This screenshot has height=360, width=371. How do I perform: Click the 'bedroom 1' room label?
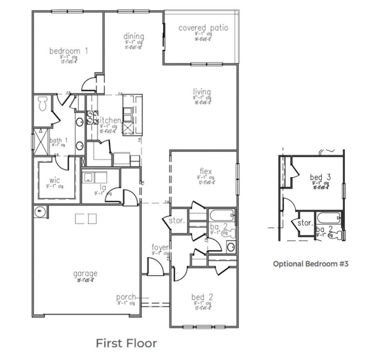click(68, 51)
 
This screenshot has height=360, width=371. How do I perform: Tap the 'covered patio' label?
click(203, 28)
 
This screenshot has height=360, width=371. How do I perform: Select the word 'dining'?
click(134, 36)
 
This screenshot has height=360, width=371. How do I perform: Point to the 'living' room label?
click(202, 92)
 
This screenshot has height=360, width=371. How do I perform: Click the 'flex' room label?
click(206, 171)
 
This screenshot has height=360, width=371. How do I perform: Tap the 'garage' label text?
click(85, 274)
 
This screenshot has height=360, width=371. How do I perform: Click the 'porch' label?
click(126, 297)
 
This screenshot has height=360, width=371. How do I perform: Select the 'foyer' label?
click(160, 248)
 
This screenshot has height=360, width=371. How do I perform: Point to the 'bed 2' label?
click(202, 297)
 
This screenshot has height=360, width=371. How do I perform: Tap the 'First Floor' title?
click(126, 343)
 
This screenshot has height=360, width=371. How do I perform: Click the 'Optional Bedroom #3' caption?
click(310, 264)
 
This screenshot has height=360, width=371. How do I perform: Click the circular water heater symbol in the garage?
click(39, 212)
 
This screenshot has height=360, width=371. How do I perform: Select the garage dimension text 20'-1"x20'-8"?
click(85, 280)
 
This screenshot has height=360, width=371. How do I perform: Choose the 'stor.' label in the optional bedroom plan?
click(305, 223)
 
